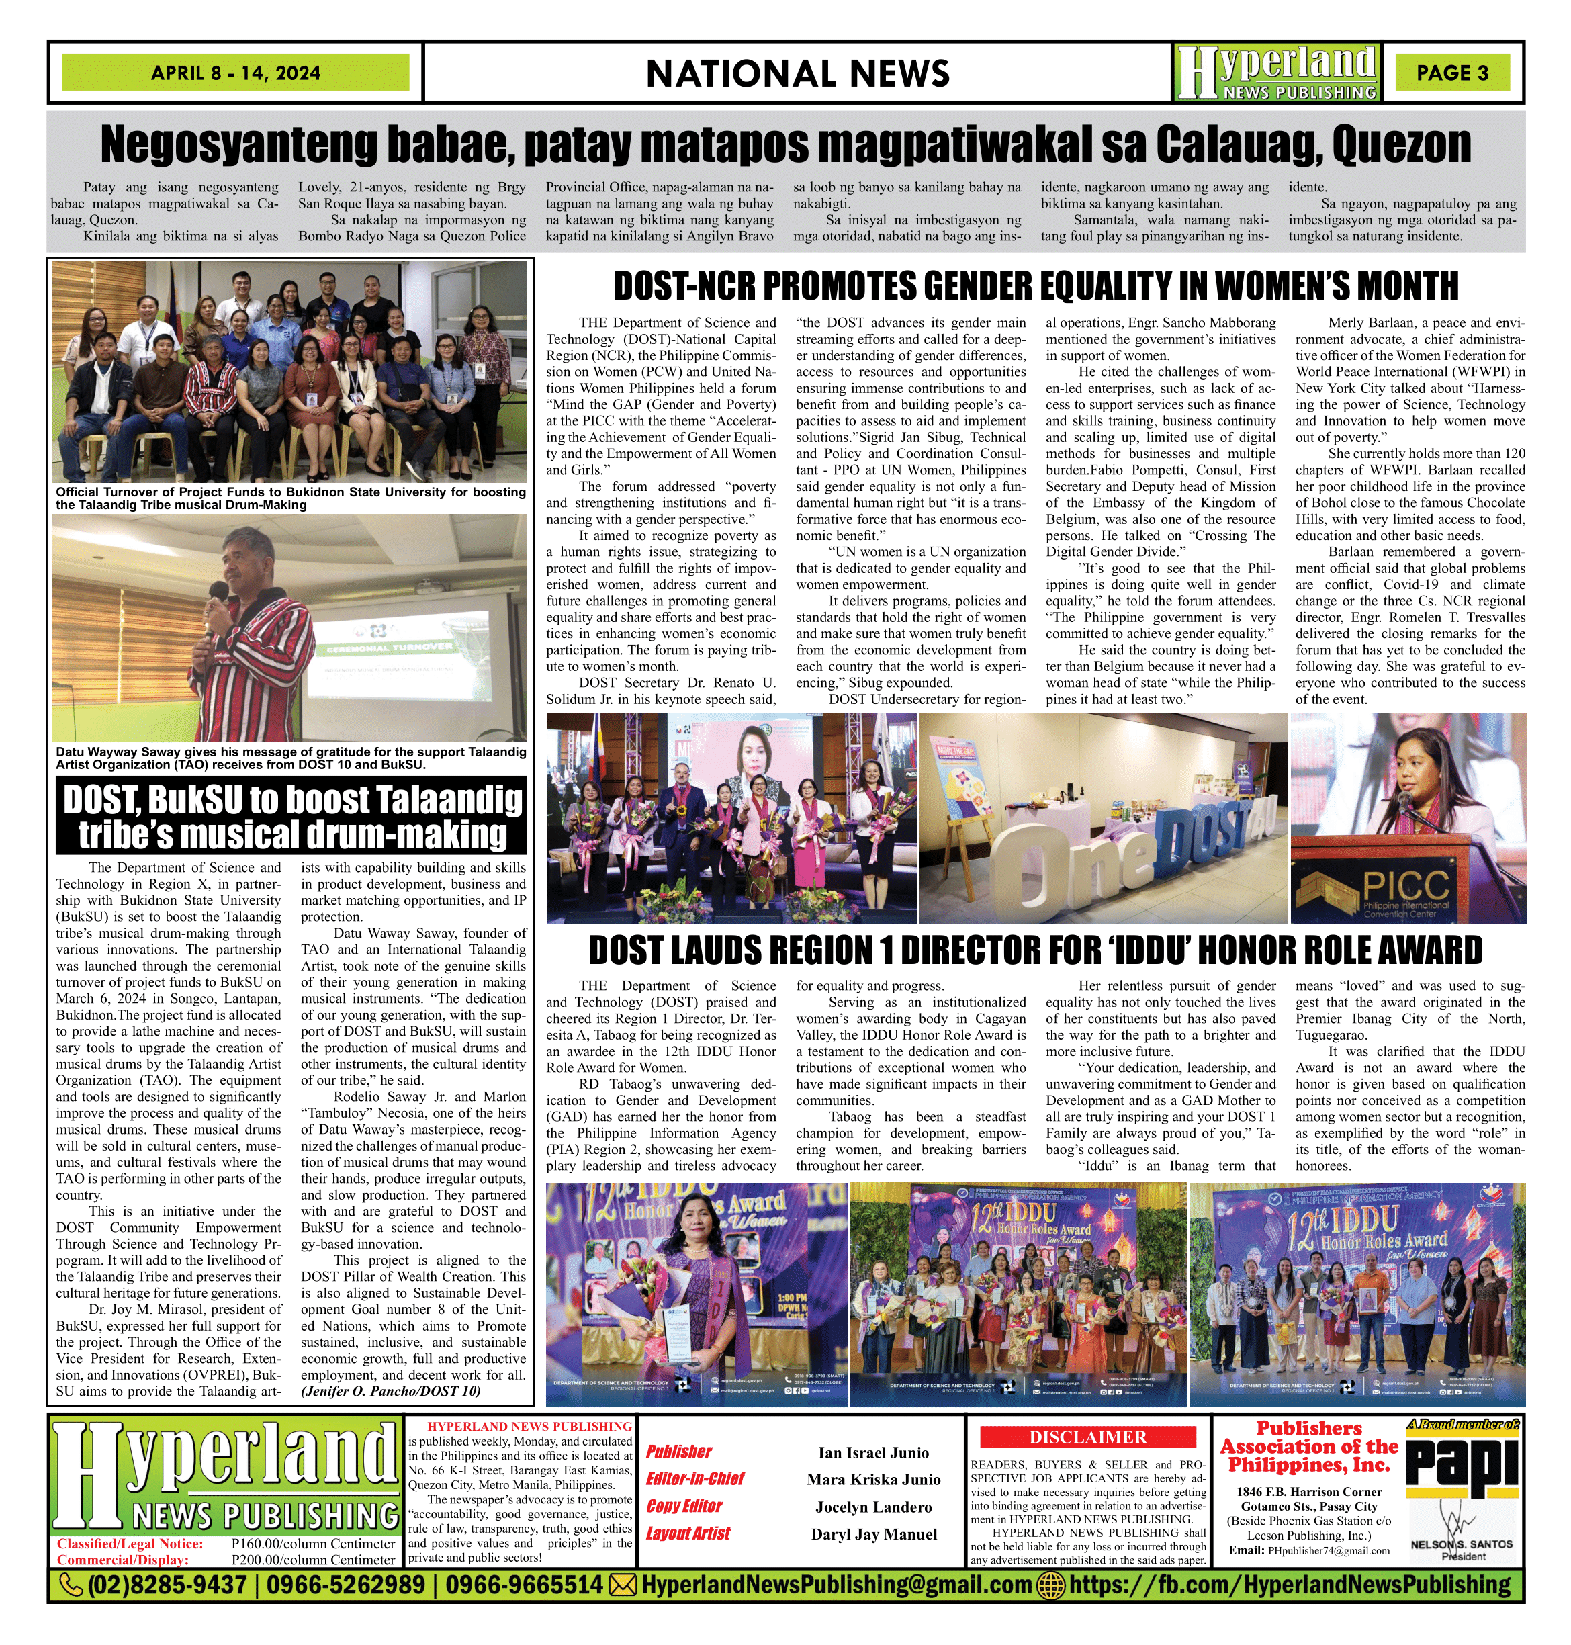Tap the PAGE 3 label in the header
(x=1452, y=73)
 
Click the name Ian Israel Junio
(x=873, y=1452)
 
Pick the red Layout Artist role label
(x=688, y=1533)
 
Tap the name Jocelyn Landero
(x=873, y=1507)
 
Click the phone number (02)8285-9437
(x=166, y=1585)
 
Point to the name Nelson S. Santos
(x=1462, y=1543)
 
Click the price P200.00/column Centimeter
(x=312, y=1560)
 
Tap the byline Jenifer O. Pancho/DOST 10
(x=390, y=1391)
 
